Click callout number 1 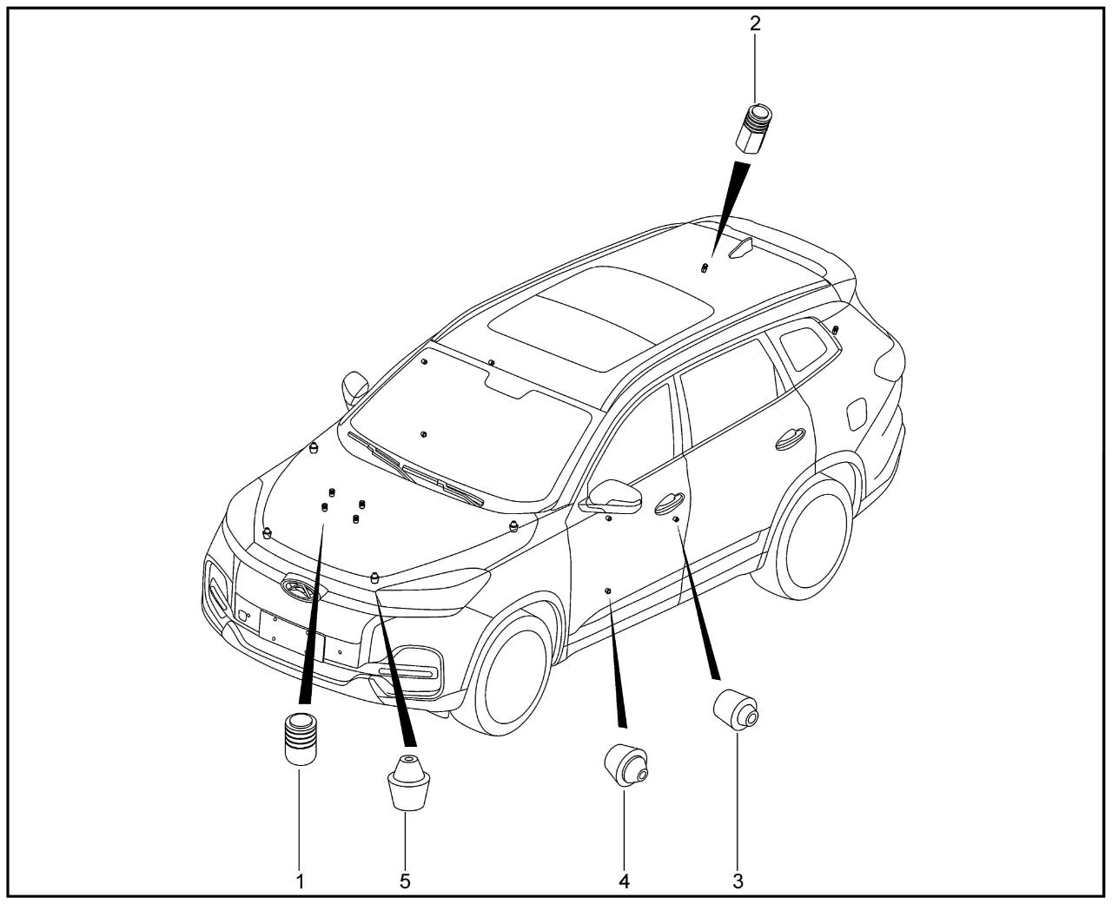[300, 881]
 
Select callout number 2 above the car [756, 23]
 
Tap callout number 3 [738, 881]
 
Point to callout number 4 [625, 881]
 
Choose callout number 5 [405, 881]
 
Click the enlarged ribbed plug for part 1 [301, 739]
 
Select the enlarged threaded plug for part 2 [754, 129]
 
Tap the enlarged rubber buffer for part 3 [736, 709]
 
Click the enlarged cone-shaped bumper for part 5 [409, 782]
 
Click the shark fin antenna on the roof [741, 247]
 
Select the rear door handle [791, 439]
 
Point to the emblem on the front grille [303, 588]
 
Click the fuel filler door [857, 414]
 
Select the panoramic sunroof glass [600, 318]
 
